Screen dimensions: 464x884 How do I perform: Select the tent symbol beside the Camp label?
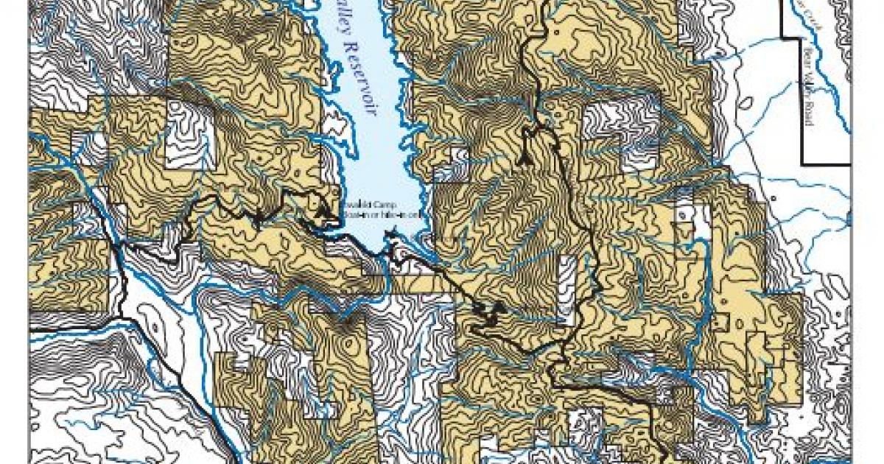[x=321, y=211]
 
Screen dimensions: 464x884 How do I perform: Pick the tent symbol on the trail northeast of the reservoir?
[x=525, y=157]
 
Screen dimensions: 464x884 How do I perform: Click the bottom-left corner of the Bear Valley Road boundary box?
[x=802, y=161]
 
